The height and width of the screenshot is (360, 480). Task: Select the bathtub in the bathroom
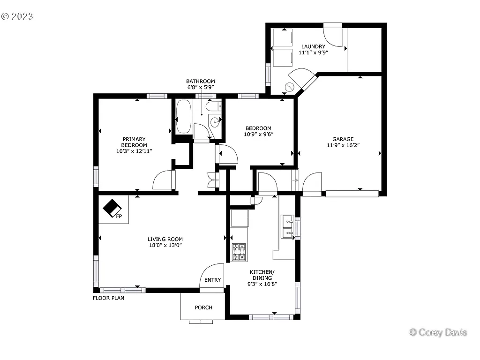coord(183,117)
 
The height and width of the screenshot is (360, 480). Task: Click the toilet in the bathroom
coord(213,106)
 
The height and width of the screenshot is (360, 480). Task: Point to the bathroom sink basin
coord(215,123)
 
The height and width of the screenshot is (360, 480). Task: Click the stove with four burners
coord(239,252)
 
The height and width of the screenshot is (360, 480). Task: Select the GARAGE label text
coord(343,139)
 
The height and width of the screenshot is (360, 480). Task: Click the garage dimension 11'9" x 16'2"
coord(343,145)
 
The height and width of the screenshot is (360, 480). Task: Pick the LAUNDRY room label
coord(313,46)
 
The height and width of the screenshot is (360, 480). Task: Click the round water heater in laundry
coord(290,87)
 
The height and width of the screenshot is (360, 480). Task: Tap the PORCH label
coord(203,307)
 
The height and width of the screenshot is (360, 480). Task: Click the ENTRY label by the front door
coord(212,280)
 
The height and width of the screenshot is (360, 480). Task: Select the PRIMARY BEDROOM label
coord(134,142)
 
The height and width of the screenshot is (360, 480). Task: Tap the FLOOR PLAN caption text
coord(108,298)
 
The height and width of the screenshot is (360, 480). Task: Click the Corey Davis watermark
coord(438,332)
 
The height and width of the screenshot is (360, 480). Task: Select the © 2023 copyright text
coord(17,16)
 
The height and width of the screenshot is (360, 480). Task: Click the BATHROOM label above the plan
coord(200,81)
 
